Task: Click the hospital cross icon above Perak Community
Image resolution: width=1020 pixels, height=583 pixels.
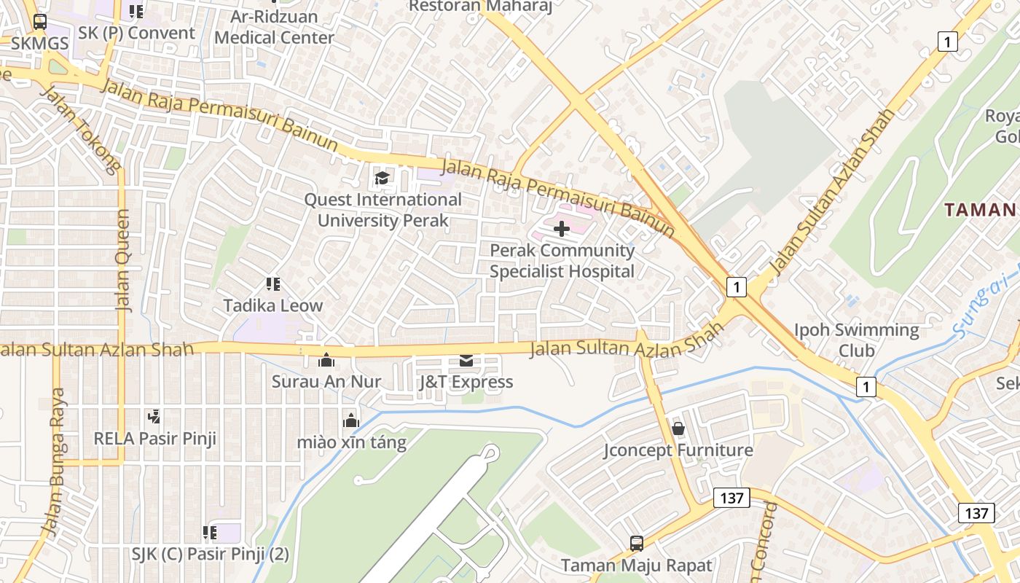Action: (561, 229)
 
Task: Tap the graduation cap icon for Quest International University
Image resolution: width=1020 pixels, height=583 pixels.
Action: (382, 178)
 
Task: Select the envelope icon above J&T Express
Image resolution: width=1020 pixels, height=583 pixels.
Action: (466, 361)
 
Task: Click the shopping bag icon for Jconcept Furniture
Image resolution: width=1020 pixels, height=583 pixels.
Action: (678, 429)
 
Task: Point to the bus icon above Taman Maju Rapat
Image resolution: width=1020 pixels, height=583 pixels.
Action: (636, 543)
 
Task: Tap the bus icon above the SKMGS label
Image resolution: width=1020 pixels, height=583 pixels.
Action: (40, 22)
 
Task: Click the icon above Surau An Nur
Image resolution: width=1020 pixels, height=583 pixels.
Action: (326, 360)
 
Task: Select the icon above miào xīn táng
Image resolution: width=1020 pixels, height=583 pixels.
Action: (351, 420)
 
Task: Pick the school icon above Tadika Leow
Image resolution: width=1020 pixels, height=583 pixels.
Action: (273, 283)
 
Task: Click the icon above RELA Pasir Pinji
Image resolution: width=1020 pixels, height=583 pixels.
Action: (154, 417)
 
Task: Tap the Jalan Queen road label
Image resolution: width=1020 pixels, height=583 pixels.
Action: (123, 260)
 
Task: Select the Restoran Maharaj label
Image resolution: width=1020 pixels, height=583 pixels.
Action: (480, 7)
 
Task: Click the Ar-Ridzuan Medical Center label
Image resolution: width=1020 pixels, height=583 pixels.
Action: (275, 27)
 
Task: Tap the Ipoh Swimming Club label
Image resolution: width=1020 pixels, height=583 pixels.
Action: (856, 340)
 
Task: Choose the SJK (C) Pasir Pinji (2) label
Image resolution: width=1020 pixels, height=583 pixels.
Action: (211, 554)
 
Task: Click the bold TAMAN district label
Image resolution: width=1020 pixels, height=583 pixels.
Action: (980, 210)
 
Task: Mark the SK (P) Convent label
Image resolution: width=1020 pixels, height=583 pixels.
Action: (136, 33)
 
